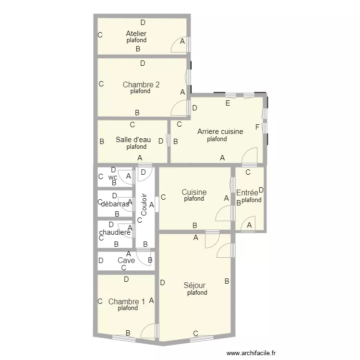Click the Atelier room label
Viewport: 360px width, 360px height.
[x=136, y=34]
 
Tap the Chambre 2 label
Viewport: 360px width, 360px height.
[x=141, y=85]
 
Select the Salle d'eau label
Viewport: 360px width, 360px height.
[x=133, y=140]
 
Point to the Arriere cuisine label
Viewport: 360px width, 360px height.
[x=220, y=132]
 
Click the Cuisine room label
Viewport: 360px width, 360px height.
[x=194, y=192]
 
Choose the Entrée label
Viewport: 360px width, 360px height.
[x=247, y=193]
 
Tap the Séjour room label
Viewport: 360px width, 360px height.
[x=194, y=286]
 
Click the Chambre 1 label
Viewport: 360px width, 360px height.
[x=127, y=302]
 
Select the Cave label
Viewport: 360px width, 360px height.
[x=126, y=261]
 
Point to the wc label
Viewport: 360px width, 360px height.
[x=113, y=177]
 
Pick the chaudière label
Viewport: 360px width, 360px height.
[x=115, y=232]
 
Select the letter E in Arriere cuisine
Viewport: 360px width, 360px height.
[x=228, y=103]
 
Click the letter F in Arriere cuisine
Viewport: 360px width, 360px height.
[x=257, y=127]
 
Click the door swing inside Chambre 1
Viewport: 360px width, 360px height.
[x=149, y=332]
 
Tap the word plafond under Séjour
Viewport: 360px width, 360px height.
[x=197, y=293]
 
